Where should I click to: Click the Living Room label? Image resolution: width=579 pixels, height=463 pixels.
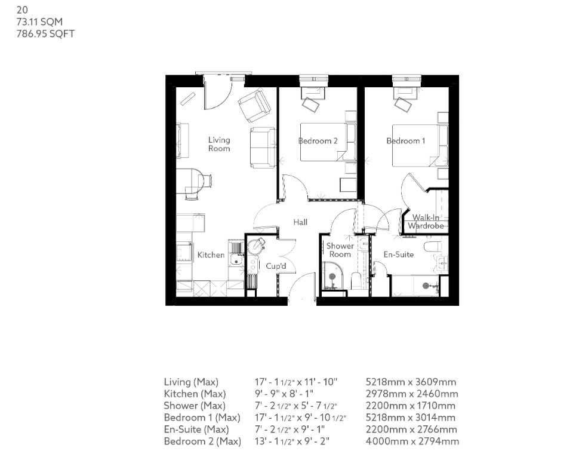[x=219, y=144]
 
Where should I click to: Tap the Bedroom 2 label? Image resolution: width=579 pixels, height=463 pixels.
[x=318, y=141]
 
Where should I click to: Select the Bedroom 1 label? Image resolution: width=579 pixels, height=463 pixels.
[x=406, y=141]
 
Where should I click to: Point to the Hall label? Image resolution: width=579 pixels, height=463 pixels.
[x=300, y=222]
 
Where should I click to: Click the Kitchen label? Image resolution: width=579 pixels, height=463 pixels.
[x=211, y=255]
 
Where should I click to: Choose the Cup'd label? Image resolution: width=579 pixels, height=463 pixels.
[x=276, y=266]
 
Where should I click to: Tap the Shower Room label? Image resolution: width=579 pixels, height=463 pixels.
[x=340, y=250]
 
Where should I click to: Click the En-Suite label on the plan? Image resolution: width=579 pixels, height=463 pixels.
[x=398, y=255]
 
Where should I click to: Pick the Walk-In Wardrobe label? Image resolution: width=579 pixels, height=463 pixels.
[x=426, y=222]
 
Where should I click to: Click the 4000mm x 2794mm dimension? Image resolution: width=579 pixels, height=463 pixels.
[x=412, y=441]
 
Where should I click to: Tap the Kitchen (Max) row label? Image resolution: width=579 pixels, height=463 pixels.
[x=195, y=394]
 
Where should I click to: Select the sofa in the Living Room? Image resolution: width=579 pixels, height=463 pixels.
[x=263, y=147]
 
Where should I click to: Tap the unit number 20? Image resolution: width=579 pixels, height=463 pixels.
[x=22, y=10]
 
